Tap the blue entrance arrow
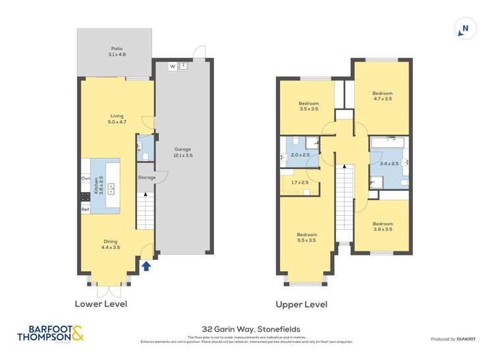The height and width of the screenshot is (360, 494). coord(146,266)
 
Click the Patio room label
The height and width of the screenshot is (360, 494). coord(117,51)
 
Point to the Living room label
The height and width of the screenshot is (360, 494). coord(117,118)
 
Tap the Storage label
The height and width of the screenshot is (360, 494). coord(146,178)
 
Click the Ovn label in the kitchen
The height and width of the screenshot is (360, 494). coord(86,178)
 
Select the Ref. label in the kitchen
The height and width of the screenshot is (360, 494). coord(86,209)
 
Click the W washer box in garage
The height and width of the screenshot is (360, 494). coord(172,66)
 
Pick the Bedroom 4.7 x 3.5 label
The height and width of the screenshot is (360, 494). coord(382,95)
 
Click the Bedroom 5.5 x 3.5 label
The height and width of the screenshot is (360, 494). coord(306,238)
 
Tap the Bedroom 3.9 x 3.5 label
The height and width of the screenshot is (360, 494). coord(382,226)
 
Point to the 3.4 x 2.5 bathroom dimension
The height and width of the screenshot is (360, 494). coord(389,163)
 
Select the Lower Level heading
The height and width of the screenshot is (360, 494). coord(101,304)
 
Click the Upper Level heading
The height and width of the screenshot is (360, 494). coord(302,305)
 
